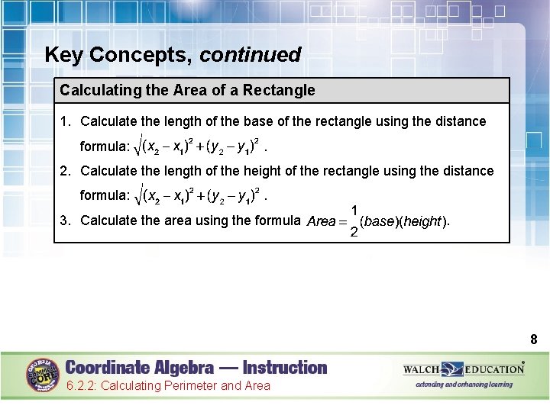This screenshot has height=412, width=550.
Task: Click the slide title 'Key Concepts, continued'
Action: coord(173,55)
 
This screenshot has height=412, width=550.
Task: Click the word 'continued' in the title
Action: coord(251,55)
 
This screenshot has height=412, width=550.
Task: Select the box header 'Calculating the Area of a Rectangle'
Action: coord(187,90)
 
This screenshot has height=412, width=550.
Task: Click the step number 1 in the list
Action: coord(65,121)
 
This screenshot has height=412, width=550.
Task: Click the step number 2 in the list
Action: coord(65,171)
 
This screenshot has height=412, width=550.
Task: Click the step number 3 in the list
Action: coord(65,220)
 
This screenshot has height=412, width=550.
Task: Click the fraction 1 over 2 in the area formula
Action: coord(354,220)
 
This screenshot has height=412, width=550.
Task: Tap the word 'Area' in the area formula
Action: coord(321,221)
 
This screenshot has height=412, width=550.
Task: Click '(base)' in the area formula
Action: coord(378,221)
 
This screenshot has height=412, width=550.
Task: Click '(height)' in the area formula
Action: coord(422,221)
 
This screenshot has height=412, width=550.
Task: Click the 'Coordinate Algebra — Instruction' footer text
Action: coord(196,368)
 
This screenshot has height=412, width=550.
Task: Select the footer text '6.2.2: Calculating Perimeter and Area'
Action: coord(168,386)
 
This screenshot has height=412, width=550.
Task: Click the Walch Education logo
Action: coord(464,370)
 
